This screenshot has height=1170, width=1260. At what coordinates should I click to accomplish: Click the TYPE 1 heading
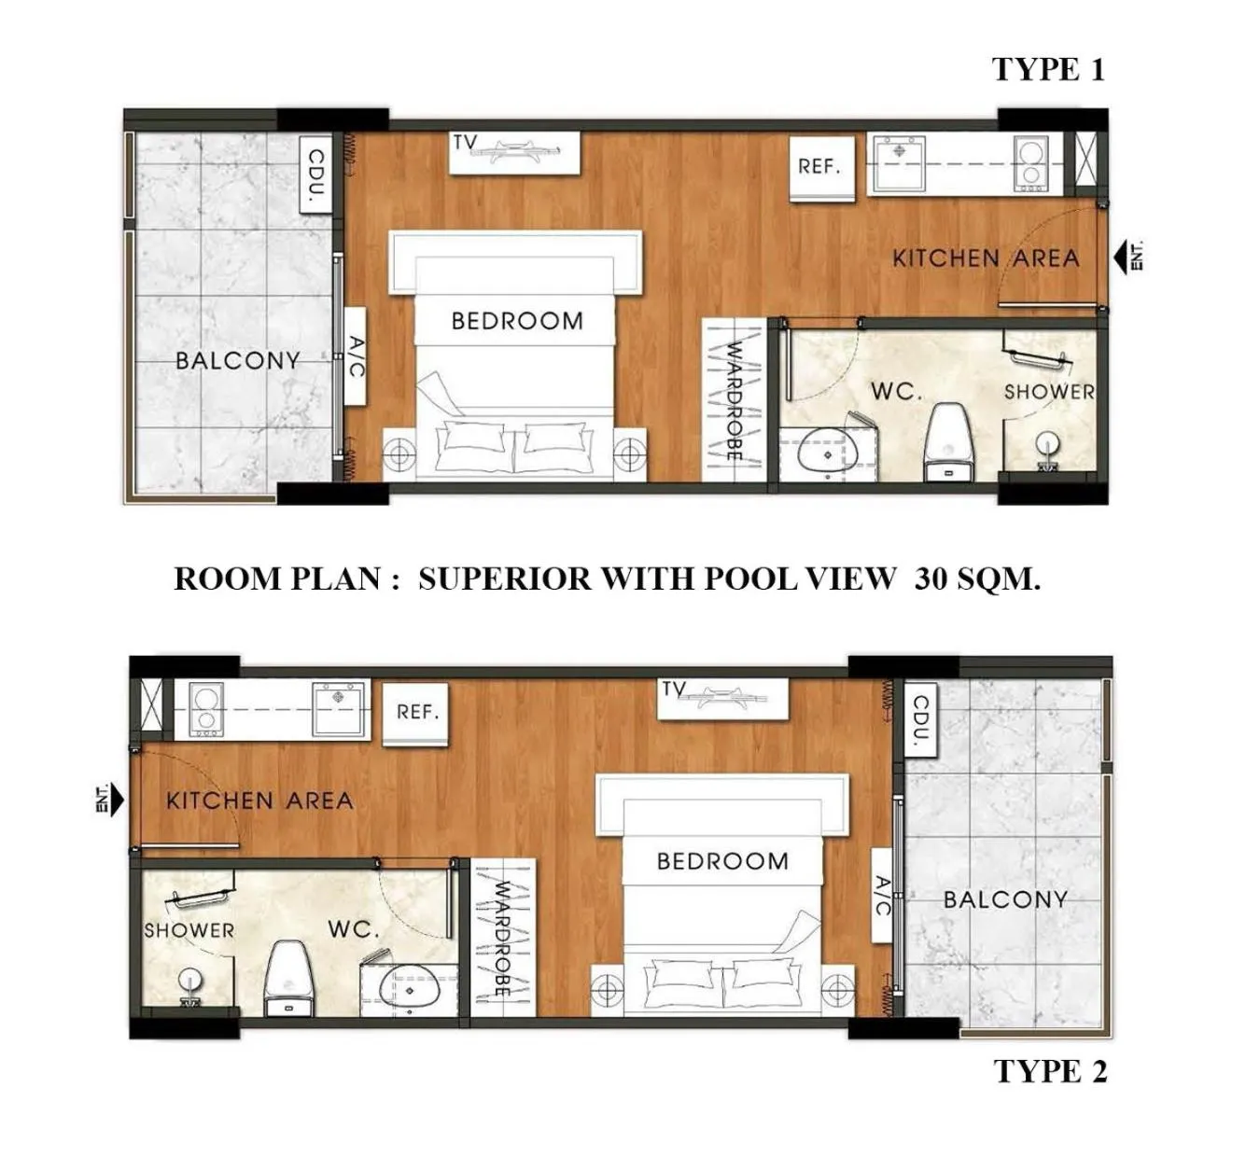point(1049,69)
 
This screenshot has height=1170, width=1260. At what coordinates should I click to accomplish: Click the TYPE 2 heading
point(1050,1072)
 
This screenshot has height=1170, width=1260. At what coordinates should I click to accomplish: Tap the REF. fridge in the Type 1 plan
point(821,168)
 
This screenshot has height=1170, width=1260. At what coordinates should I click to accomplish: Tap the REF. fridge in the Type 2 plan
point(416,713)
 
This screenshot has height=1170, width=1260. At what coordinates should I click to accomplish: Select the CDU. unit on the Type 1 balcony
point(316,174)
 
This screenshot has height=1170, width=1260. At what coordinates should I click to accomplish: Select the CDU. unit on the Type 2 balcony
point(919,719)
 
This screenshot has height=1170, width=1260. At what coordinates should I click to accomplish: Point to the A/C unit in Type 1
point(356,356)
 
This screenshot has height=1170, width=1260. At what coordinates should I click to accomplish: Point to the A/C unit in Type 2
point(882,895)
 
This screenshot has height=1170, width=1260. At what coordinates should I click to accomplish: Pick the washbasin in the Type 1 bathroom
point(825,451)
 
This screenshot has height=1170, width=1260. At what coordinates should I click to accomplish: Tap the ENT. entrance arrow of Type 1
point(1128,257)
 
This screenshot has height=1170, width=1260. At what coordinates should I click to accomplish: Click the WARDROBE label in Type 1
point(734,401)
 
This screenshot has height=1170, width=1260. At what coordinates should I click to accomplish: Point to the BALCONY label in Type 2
point(1005,899)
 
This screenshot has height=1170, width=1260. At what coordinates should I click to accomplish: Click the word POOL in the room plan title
point(752,578)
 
